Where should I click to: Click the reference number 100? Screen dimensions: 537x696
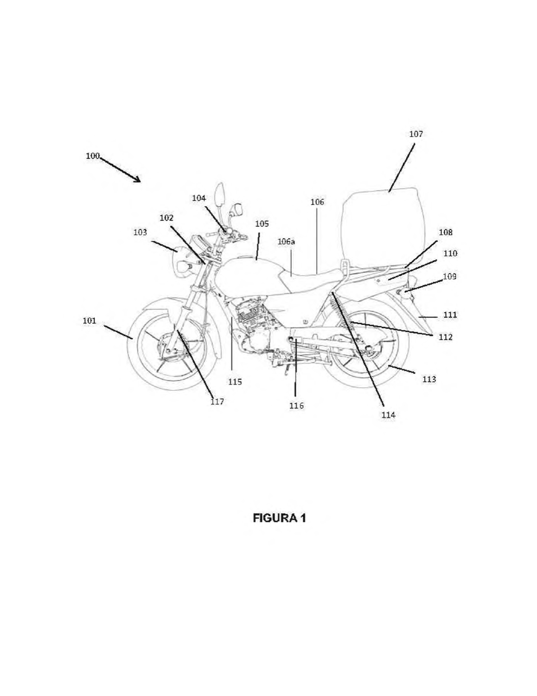pos(93,156)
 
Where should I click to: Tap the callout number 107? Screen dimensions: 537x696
pos(416,134)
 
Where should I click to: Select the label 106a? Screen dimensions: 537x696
pos(286,241)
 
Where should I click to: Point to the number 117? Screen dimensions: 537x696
pos(217,401)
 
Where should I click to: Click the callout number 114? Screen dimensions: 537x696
pos(389,415)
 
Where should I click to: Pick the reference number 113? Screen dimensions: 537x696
pos(429,379)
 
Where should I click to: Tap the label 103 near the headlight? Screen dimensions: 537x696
pos(140,232)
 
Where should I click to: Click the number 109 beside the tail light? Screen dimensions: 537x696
pos(450,276)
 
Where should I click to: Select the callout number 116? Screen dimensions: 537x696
pos(297,406)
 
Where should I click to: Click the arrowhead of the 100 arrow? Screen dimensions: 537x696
pos(138,180)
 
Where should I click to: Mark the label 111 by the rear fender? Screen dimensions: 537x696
pos(450,315)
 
